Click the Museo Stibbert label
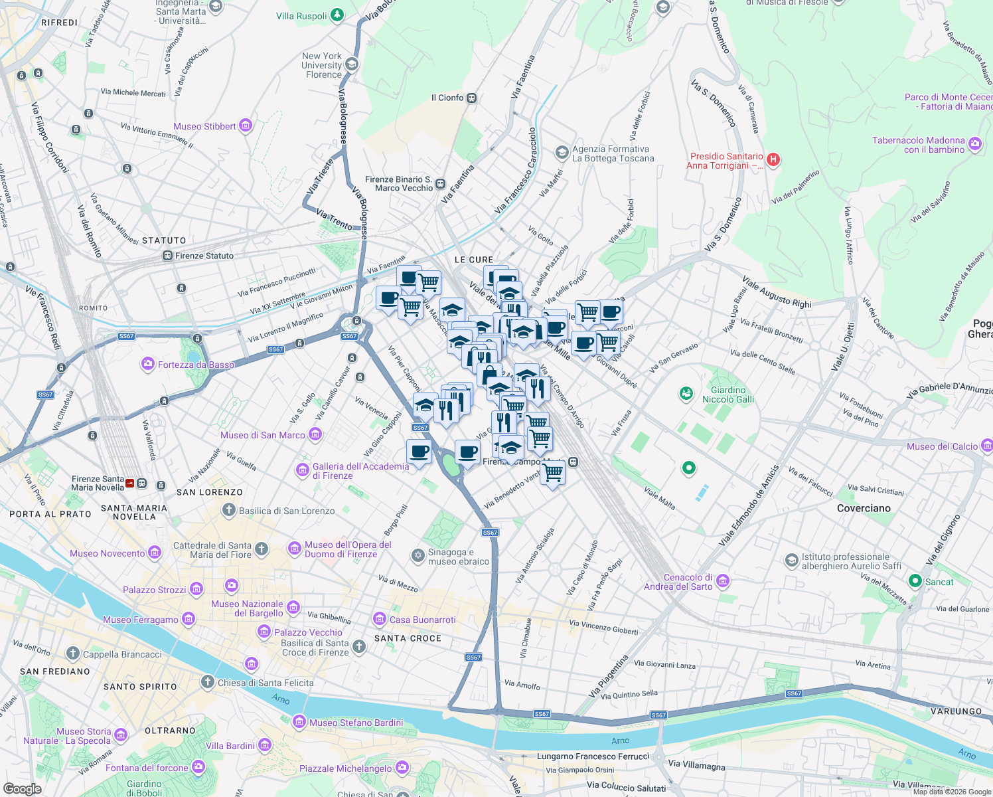click(204, 126)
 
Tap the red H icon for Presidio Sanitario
click(773, 159)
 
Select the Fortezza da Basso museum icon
click(147, 364)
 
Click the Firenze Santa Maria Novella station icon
click(130, 484)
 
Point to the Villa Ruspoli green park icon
click(337, 15)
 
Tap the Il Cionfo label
click(447, 98)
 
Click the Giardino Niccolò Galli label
click(728, 395)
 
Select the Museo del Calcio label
click(942, 446)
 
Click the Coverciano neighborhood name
click(864, 508)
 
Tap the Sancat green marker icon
click(915, 582)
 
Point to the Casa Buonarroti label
click(422, 620)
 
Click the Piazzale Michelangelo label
click(345, 768)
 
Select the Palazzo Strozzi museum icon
click(196, 589)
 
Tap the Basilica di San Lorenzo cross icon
click(228, 510)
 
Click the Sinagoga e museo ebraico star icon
click(418, 556)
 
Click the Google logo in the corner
click(22, 789)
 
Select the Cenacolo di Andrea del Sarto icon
click(723, 581)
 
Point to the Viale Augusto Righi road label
click(777, 292)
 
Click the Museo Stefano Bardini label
click(356, 723)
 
